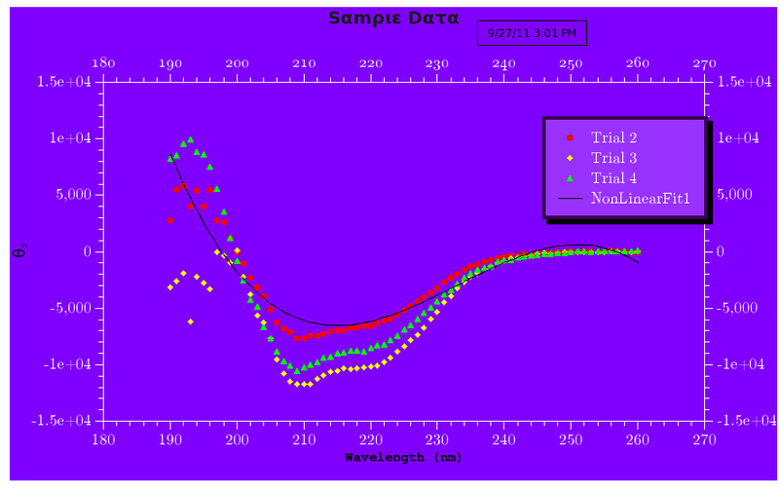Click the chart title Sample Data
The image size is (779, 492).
click(393, 18)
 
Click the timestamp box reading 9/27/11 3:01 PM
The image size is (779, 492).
click(532, 33)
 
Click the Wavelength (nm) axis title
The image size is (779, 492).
click(403, 457)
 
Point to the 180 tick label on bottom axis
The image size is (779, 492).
click(102, 440)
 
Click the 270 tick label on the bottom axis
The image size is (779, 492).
click(703, 440)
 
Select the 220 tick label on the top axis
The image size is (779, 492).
click(370, 63)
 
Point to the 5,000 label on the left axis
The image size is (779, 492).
click(74, 195)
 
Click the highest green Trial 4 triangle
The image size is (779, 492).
click(190, 139)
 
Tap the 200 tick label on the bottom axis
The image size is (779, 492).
click(237, 440)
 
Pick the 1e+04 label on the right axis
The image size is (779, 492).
click(738, 138)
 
